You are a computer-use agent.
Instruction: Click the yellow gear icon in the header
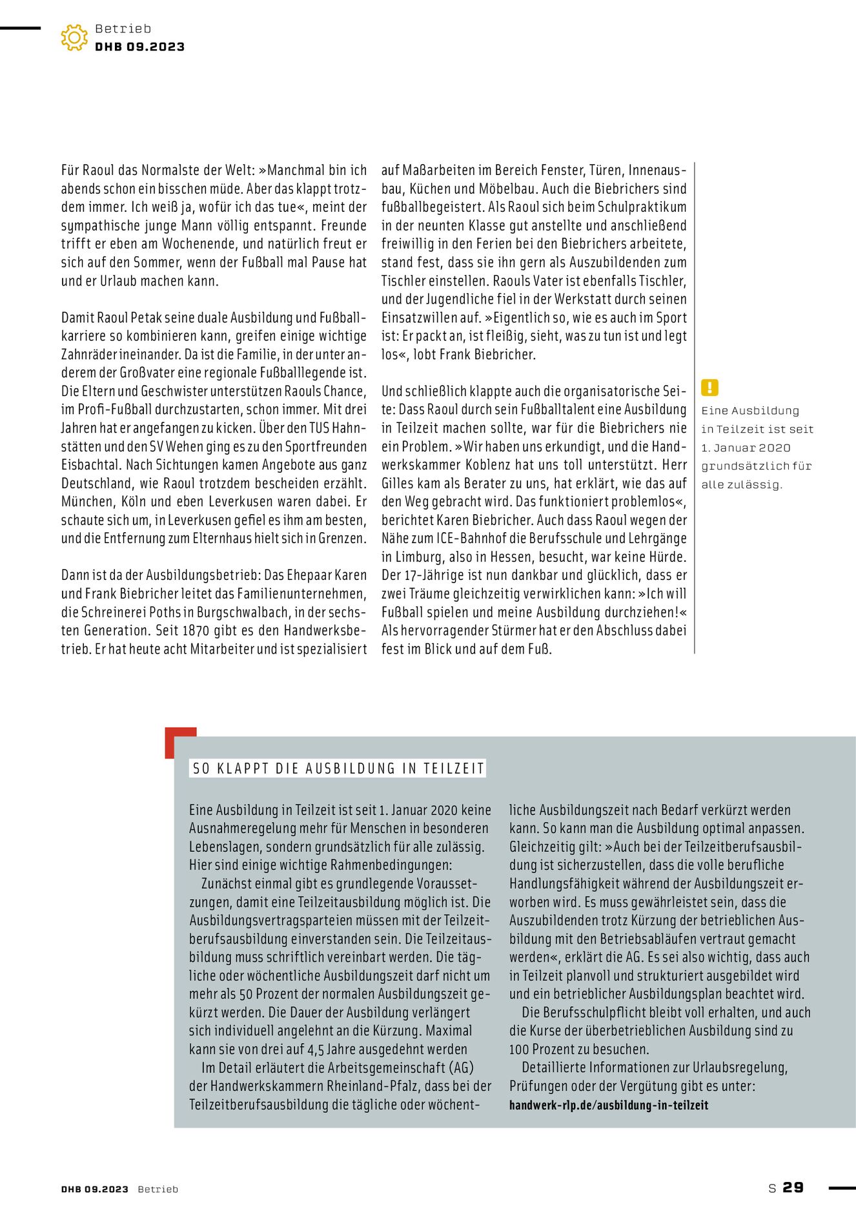pos(74,37)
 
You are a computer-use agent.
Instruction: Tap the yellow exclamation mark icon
pos(709,388)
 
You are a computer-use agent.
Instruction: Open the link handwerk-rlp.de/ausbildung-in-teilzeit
pos(608,1105)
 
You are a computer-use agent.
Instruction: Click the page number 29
pos(793,1187)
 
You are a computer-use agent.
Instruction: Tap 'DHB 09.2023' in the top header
pos(139,47)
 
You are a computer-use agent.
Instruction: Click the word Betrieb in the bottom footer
pos(158,1189)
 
